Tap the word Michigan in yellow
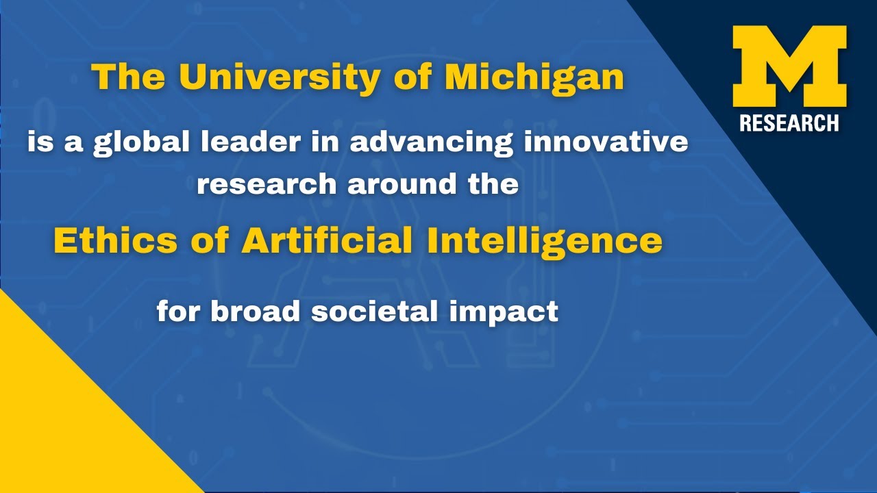[x=534, y=77]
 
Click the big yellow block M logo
[x=789, y=66]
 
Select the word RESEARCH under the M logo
[x=789, y=123]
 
